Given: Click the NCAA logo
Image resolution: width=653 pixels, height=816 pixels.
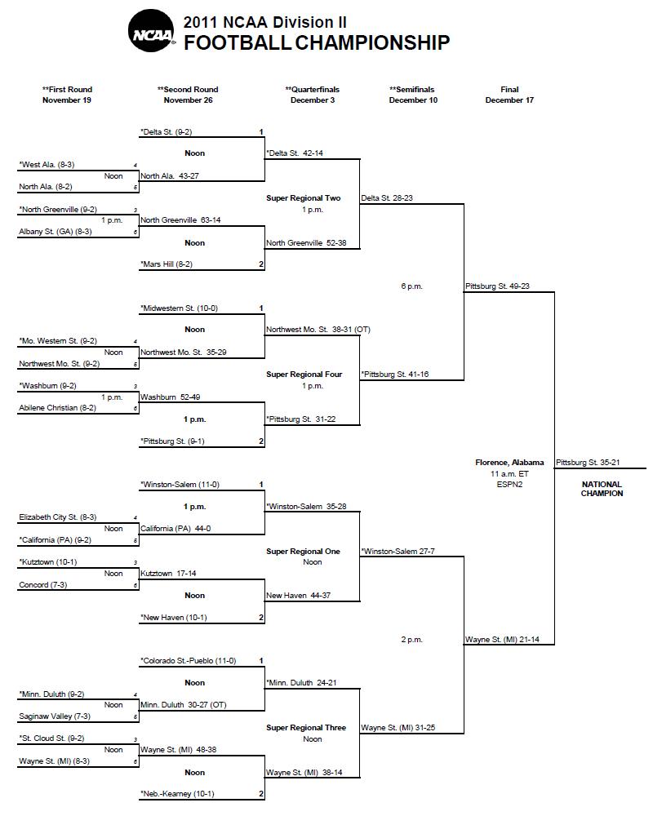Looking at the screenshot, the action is (151, 31).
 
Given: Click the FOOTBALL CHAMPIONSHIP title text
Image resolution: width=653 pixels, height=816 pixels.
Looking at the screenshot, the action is (317, 42).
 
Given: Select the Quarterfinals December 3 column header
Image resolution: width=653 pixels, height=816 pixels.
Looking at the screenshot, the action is (313, 95).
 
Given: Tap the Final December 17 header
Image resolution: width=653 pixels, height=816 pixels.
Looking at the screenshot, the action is (509, 95).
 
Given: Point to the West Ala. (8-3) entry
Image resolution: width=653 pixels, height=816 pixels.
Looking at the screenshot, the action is (47, 165).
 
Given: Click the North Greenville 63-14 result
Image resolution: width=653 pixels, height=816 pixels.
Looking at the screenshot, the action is (180, 220).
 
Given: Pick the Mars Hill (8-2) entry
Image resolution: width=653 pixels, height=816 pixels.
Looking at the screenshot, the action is (167, 264).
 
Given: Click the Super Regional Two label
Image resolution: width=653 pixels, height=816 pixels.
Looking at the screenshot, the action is (303, 198).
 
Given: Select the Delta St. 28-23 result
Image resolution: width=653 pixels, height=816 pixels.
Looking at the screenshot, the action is (387, 198).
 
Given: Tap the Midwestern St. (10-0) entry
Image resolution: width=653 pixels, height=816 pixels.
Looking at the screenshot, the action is (179, 308).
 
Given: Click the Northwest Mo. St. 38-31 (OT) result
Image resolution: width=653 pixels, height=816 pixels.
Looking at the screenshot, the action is (318, 330).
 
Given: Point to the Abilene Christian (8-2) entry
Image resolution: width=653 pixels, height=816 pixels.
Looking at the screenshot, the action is (57, 408).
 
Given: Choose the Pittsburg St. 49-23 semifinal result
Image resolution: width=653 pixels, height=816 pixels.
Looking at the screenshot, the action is (497, 286).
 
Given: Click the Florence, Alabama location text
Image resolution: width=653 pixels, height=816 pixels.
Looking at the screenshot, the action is (509, 463).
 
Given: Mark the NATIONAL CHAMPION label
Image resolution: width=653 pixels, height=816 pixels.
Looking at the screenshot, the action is (602, 489).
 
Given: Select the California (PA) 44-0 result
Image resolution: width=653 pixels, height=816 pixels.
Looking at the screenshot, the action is (175, 529).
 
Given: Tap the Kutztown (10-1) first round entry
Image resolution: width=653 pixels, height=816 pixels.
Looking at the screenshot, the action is (48, 562).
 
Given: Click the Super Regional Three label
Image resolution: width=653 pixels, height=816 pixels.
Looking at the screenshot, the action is (306, 728).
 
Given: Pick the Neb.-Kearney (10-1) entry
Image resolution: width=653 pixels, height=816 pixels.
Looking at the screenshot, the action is (177, 794).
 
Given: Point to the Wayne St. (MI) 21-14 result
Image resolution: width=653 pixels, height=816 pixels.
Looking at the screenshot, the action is (502, 640).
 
